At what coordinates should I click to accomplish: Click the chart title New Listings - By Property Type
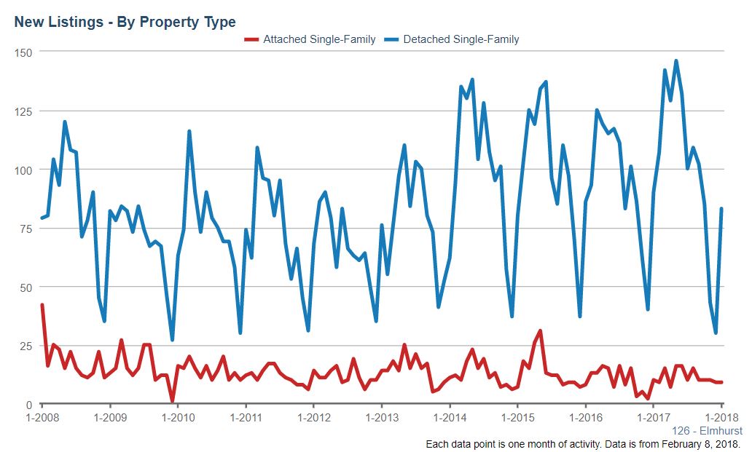tap(125, 22)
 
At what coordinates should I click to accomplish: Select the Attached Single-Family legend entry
tap(310, 39)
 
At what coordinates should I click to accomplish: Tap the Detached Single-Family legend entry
tap(452, 39)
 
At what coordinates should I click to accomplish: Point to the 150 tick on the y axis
tap(23, 52)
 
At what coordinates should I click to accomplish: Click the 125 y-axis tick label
tap(23, 111)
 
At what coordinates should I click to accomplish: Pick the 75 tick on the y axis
tap(26, 229)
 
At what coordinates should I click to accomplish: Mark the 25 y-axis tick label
tap(26, 346)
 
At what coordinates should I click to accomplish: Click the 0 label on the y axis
tap(29, 405)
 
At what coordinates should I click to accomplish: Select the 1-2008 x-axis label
tap(42, 418)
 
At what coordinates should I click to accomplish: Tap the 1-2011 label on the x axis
tap(246, 418)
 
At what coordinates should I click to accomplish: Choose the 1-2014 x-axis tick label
tap(450, 418)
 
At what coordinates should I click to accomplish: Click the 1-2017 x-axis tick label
tap(654, 418)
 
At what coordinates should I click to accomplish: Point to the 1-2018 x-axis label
tap(722, 418)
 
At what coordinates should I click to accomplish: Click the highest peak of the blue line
tap(676, 61)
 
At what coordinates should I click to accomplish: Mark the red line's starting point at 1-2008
tap(42, 304)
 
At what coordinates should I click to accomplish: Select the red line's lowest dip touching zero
tap(173, 401)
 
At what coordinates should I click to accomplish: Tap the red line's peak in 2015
tap(541, 331)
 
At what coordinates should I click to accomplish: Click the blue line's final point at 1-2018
tap(721, 208)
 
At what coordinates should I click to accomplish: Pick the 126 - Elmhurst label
tap(706, 430)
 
